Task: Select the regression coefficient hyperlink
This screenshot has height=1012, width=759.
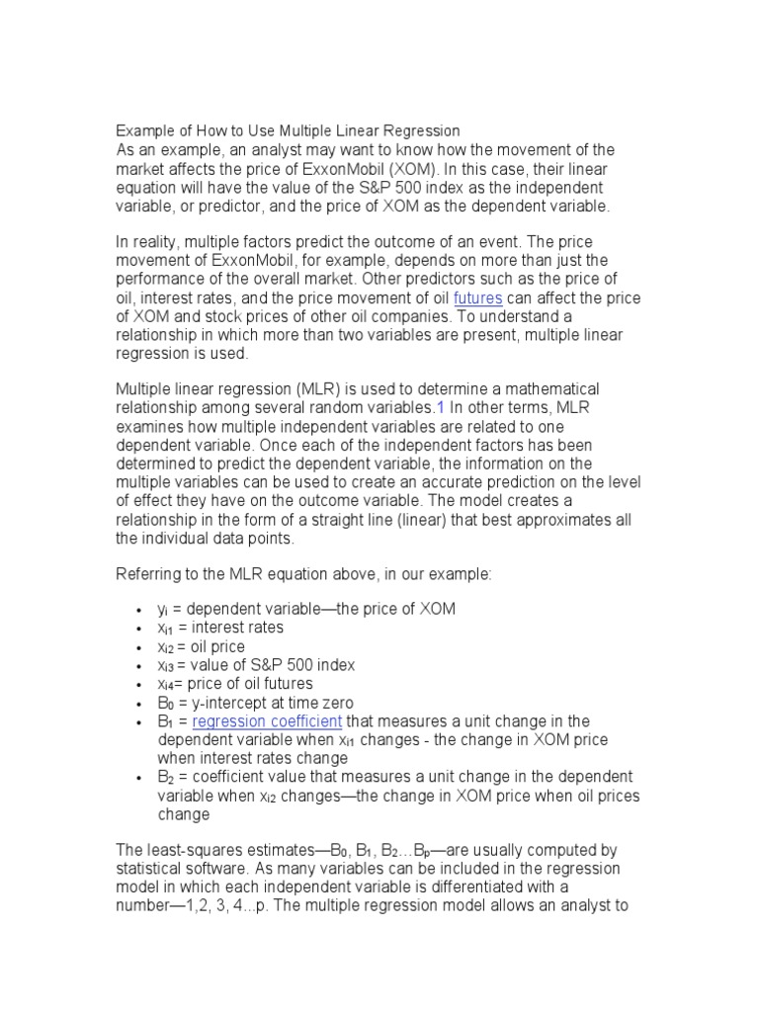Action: [267, 721]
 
